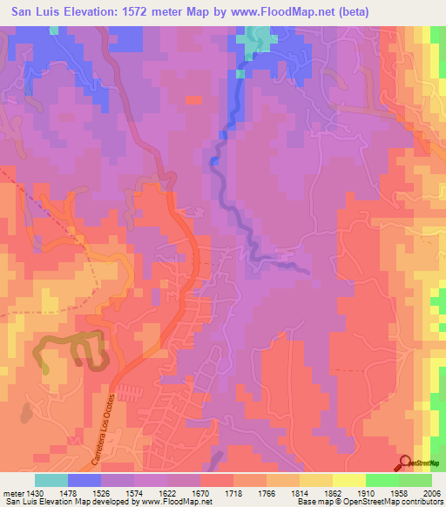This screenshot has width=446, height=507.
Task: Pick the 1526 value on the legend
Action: (118, 491)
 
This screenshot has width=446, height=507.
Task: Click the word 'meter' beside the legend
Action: (12, 491)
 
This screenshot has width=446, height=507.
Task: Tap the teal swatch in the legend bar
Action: (51, 479)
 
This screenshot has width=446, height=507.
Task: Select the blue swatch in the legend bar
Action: (84, 479)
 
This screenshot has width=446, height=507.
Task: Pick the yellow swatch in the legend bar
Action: (348, 479)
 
